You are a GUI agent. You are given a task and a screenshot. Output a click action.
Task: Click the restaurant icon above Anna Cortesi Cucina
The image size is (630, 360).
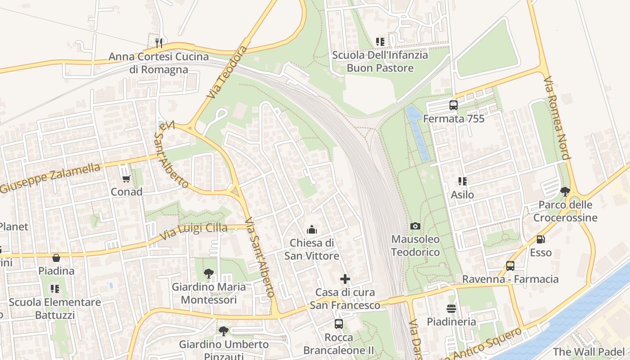click(x=158, y=43)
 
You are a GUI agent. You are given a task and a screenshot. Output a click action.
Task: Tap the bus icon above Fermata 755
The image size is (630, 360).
click(x=454, y=105)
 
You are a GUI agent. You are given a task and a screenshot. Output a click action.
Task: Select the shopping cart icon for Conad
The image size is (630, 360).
click(x=126, y=179)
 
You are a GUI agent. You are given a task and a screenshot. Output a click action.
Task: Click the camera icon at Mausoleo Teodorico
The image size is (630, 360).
click(x=415, y=226)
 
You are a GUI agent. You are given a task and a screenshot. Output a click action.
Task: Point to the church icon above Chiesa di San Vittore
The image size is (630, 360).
click(x=311, y=230)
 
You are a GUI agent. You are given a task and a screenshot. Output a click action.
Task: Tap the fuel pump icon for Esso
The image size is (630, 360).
click(x=540, y=239)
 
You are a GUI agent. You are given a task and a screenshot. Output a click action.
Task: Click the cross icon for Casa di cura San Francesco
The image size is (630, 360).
click(x=345, y=279)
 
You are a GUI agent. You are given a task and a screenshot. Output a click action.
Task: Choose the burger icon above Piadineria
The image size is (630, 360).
click(x=451, y=309)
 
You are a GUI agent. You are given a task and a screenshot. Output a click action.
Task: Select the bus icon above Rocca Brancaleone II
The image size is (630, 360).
click(x=338, y=324)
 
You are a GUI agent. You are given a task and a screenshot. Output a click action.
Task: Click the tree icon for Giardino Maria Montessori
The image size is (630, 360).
click(x=208, y=273)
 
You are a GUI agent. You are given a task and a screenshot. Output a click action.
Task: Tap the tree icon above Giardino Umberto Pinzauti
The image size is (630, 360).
click(x=223, y=331)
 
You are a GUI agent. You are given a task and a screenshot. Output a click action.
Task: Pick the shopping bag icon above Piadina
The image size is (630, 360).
click(x=56, y=258)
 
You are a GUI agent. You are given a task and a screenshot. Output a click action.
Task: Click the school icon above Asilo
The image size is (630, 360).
click(x=462, y=181)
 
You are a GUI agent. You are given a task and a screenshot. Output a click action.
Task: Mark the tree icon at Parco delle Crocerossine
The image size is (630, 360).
click(x=565, y=192)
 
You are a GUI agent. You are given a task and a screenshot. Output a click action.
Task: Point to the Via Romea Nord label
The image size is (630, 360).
click(x=557, y=118)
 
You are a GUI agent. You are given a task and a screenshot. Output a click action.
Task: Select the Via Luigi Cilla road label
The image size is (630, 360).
click(x=194, y=231)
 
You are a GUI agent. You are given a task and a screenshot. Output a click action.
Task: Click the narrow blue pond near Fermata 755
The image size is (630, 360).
click(x=418, y=133)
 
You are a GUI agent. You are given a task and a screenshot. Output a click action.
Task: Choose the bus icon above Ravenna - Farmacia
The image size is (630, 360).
click(x=510, y=266)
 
